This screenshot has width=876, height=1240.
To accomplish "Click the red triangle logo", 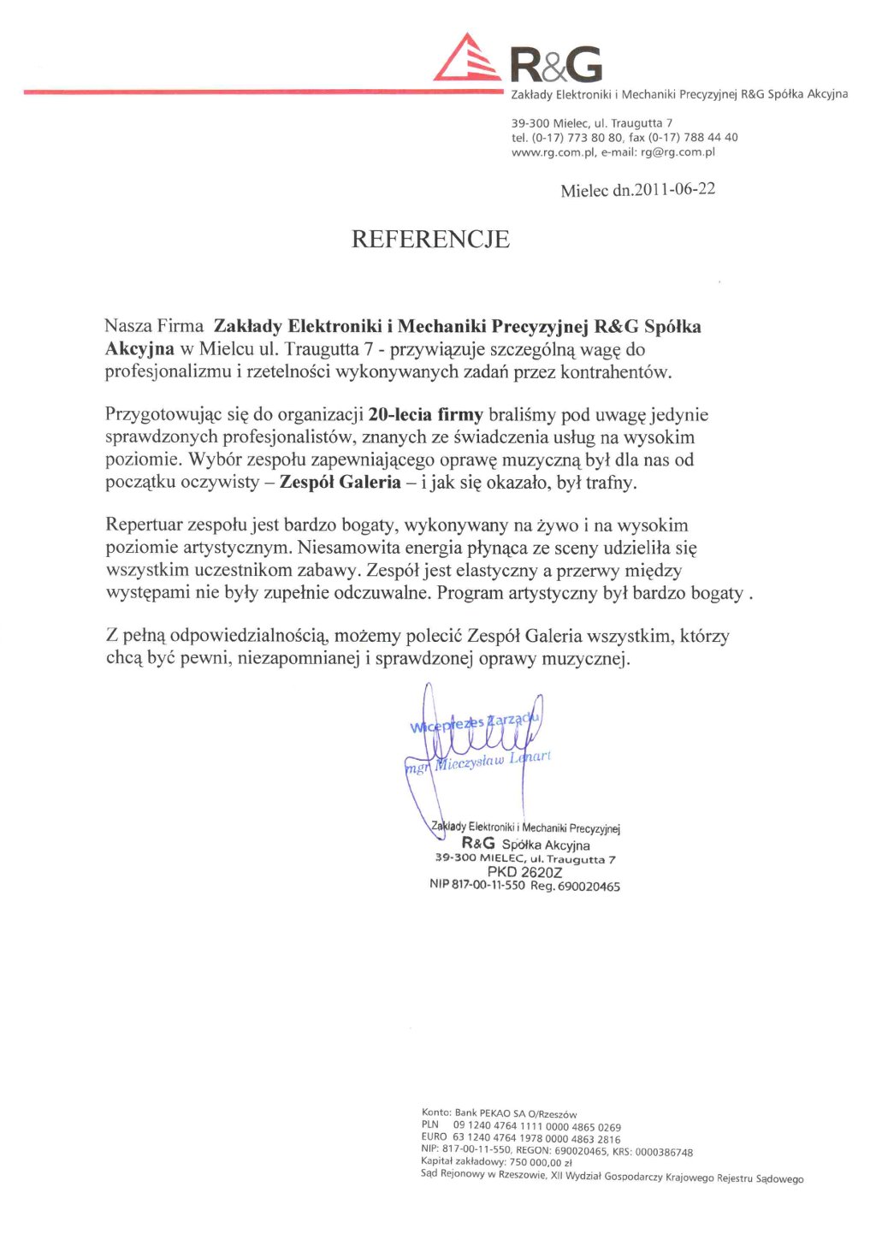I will [x=466, y=60].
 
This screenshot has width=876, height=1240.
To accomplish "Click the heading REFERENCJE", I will [x=430, y=239].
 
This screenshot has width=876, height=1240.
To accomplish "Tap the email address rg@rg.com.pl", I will [x=678, y=152].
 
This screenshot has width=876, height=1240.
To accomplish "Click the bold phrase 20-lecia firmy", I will [x=425, y=415].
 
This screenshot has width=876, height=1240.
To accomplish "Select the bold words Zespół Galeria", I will [x=340, y=482].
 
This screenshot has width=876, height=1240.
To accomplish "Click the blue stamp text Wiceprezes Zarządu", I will [x=474, y=724].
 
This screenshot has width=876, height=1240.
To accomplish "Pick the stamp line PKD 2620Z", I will [x=524, y=872].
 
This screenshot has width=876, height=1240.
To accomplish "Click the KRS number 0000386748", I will [x=664, y=1152].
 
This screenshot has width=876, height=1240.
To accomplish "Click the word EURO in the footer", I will [x=434, y=1138].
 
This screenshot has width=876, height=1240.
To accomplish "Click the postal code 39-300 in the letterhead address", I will [x=530, y=123].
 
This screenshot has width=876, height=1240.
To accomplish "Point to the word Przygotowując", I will [x=163, y=415].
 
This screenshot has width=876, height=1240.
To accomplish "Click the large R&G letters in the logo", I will [x=556, y=65].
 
